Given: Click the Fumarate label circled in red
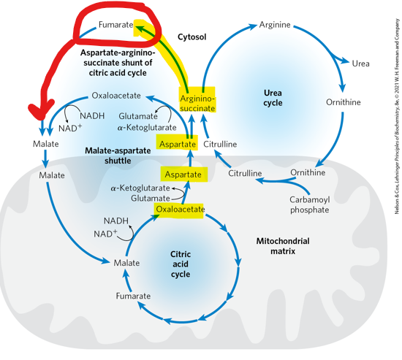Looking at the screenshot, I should click(x=115, y=26).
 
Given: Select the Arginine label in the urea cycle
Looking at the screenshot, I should click(x=275, y=26).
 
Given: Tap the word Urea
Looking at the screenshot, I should click(x=360, y=64).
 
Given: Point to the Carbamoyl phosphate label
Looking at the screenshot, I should click(x=309, y=204).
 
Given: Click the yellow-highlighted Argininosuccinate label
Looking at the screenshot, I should click(x=197, y=102).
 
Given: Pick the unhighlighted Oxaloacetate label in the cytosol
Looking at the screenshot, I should click(x=116, y=96).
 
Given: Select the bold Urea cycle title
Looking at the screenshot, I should click(x=272, y=97).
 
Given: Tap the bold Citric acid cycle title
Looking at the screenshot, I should click(x=181, y=263).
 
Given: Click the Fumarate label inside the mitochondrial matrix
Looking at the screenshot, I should click(x=133, y=296).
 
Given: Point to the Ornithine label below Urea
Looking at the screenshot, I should click(x=343, y=102).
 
